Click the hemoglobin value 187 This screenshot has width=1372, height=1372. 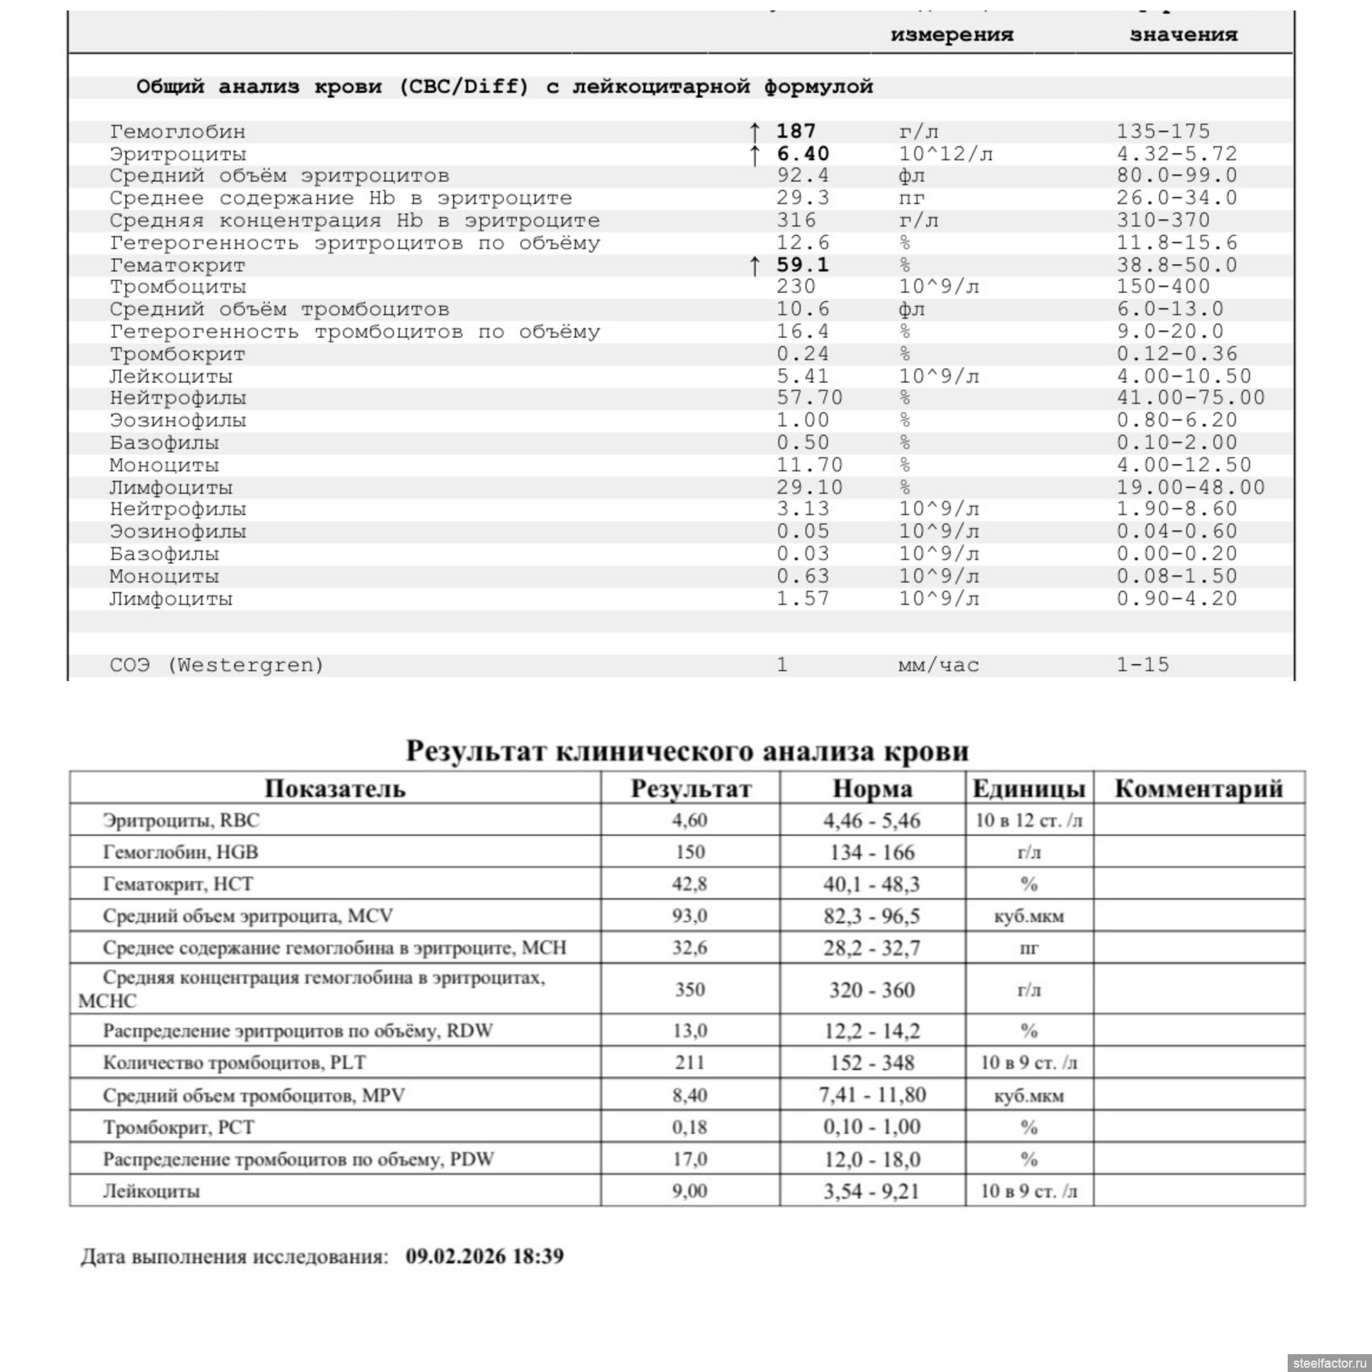click(x=795, y=131)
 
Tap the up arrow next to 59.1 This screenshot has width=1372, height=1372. click(x=755, y=266)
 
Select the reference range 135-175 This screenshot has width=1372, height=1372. click(x=1163, y=131)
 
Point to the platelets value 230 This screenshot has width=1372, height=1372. click(x=795, y=287)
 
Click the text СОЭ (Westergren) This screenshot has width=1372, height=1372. click(x=217, y=665)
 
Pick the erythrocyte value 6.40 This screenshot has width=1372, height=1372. click(x=802, y=154)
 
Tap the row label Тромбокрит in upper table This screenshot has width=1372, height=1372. click(x=177, y=354)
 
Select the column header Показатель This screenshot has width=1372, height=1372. click(x=334, y=789)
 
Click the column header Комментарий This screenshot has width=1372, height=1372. click(x=1198, y=789)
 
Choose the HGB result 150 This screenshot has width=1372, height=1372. click(x=690, y=852)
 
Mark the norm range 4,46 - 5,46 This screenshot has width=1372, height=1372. click(x=872, y=820)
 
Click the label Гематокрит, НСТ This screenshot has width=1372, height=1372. click(x=178, y=884)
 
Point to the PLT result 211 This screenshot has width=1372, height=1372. click(x=690, y=1063)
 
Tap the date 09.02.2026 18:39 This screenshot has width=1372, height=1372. click(x=484, y=1256)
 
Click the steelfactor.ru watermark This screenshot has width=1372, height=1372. click(x=1328, y=1363)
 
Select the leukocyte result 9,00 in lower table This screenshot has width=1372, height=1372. click(x=690, y=1190)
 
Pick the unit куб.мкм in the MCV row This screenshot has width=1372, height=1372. click(x=1028, y=916)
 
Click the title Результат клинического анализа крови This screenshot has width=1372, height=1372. click(x=687, y=751)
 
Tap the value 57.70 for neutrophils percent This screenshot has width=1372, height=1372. click(x=809, y=398)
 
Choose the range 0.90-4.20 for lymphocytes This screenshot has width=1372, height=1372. click(x=1176, y=599)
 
